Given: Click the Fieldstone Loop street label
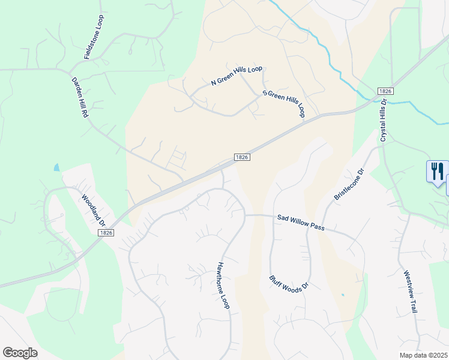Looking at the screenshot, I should tap(96, 37).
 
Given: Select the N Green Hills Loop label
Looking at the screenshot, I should tap(237, 76).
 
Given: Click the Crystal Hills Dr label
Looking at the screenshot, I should tap(383, 121).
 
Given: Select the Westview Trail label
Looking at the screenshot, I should tap(410, 290).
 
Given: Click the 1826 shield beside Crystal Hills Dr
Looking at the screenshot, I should tap(385, 91).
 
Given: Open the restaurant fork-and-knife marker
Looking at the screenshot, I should tap(437, 171).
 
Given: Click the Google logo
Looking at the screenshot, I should tap(20, 353).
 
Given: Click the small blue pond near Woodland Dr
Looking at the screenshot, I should tap(56, 168).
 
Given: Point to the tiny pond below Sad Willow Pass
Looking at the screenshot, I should tap(342, 295).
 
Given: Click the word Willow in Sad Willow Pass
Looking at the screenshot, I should tap(300, 222).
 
